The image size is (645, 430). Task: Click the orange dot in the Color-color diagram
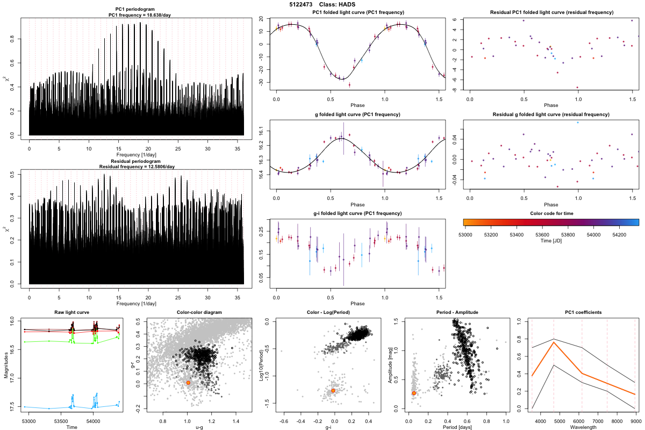click(188, 383)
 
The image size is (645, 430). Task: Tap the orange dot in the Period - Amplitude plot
click(414, 393)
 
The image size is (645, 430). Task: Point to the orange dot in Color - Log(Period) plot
click(333, 391)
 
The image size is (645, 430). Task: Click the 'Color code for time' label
click(551, 213)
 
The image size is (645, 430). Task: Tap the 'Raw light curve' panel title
click(72, 312)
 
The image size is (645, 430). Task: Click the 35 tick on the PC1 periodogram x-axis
click(238, 146)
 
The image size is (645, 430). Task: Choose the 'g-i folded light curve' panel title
click(357, 213)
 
